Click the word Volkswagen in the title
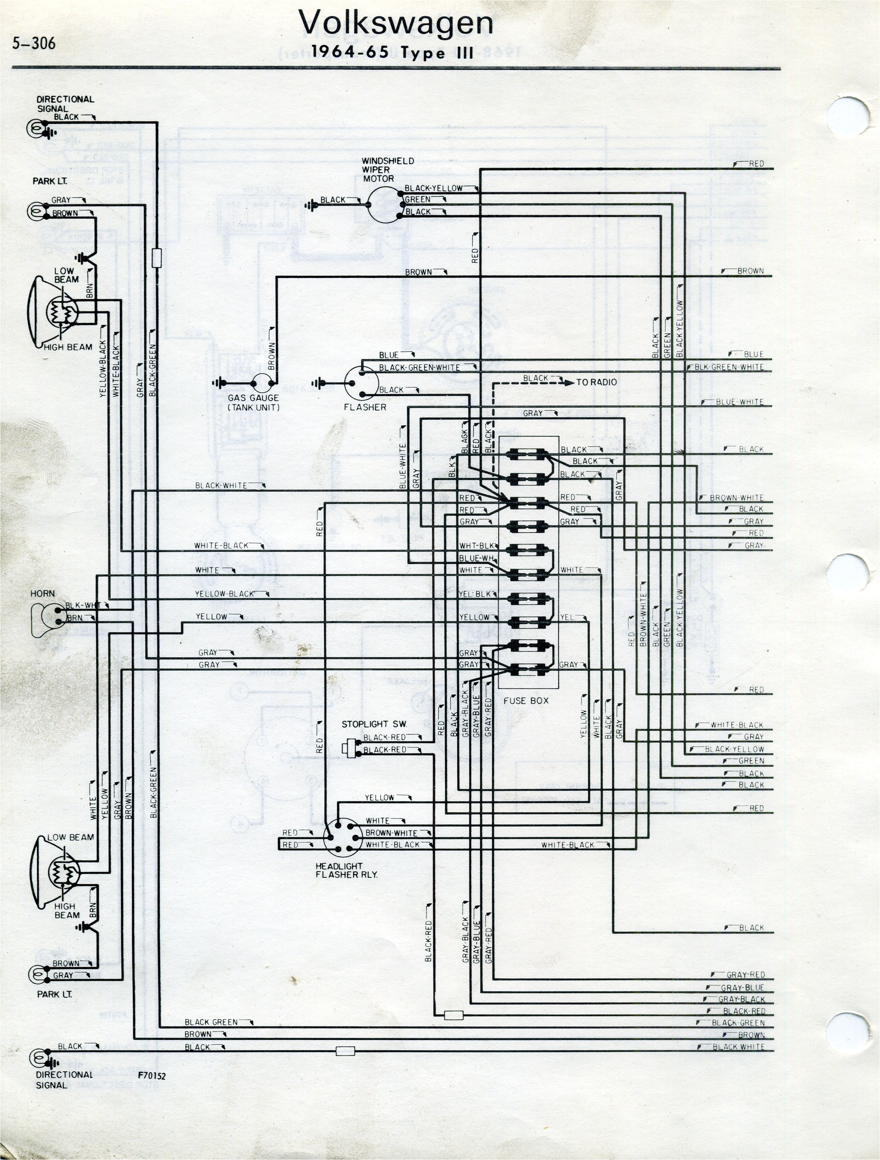pyautogui.click(x=396, y=23)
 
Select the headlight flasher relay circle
pyautogui.click(x=343, y=837)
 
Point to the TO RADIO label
pyautogui.click(x=596, y=382)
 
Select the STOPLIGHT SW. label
pyautogui.click(x=374, y=724)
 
